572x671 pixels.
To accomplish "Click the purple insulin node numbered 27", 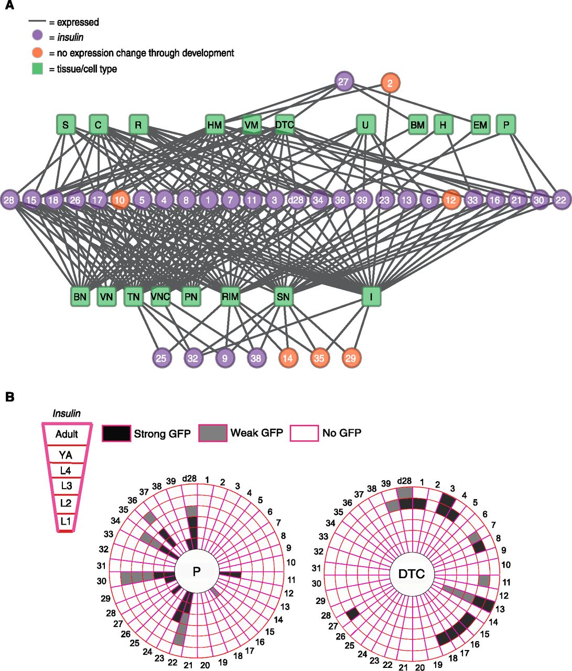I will tap(343, 82).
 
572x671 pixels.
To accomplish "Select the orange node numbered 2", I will tap(390, 83).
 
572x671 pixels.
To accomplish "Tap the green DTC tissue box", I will tap(284, 125).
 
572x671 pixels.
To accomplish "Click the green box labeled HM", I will tap(215, 125).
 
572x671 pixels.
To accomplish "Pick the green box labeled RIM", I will tap(230, 297).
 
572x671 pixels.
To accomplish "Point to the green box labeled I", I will tap(372, 297).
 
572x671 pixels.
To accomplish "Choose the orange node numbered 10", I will tap(120, 200).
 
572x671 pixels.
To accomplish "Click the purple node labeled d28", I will tap(296, 200).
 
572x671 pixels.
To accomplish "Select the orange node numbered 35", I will tap(319, 359).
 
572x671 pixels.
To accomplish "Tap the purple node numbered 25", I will tap(161, 359).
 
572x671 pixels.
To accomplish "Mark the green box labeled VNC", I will tap(160, 297).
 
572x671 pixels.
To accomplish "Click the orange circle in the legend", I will tap(37, 53).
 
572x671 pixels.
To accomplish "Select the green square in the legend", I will tap(37, 69).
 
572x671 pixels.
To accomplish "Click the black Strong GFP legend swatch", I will tap(116, 433).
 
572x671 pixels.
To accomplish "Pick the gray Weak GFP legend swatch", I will tap(213, 433).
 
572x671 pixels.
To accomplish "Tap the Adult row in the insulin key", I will tap(67, 434).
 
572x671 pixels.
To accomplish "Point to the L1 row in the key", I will tap(66, 522).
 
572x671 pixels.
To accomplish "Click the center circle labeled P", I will tap(197, 571).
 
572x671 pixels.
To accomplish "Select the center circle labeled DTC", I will tap(412, 574).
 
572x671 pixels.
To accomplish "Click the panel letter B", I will tap(9, 397).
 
